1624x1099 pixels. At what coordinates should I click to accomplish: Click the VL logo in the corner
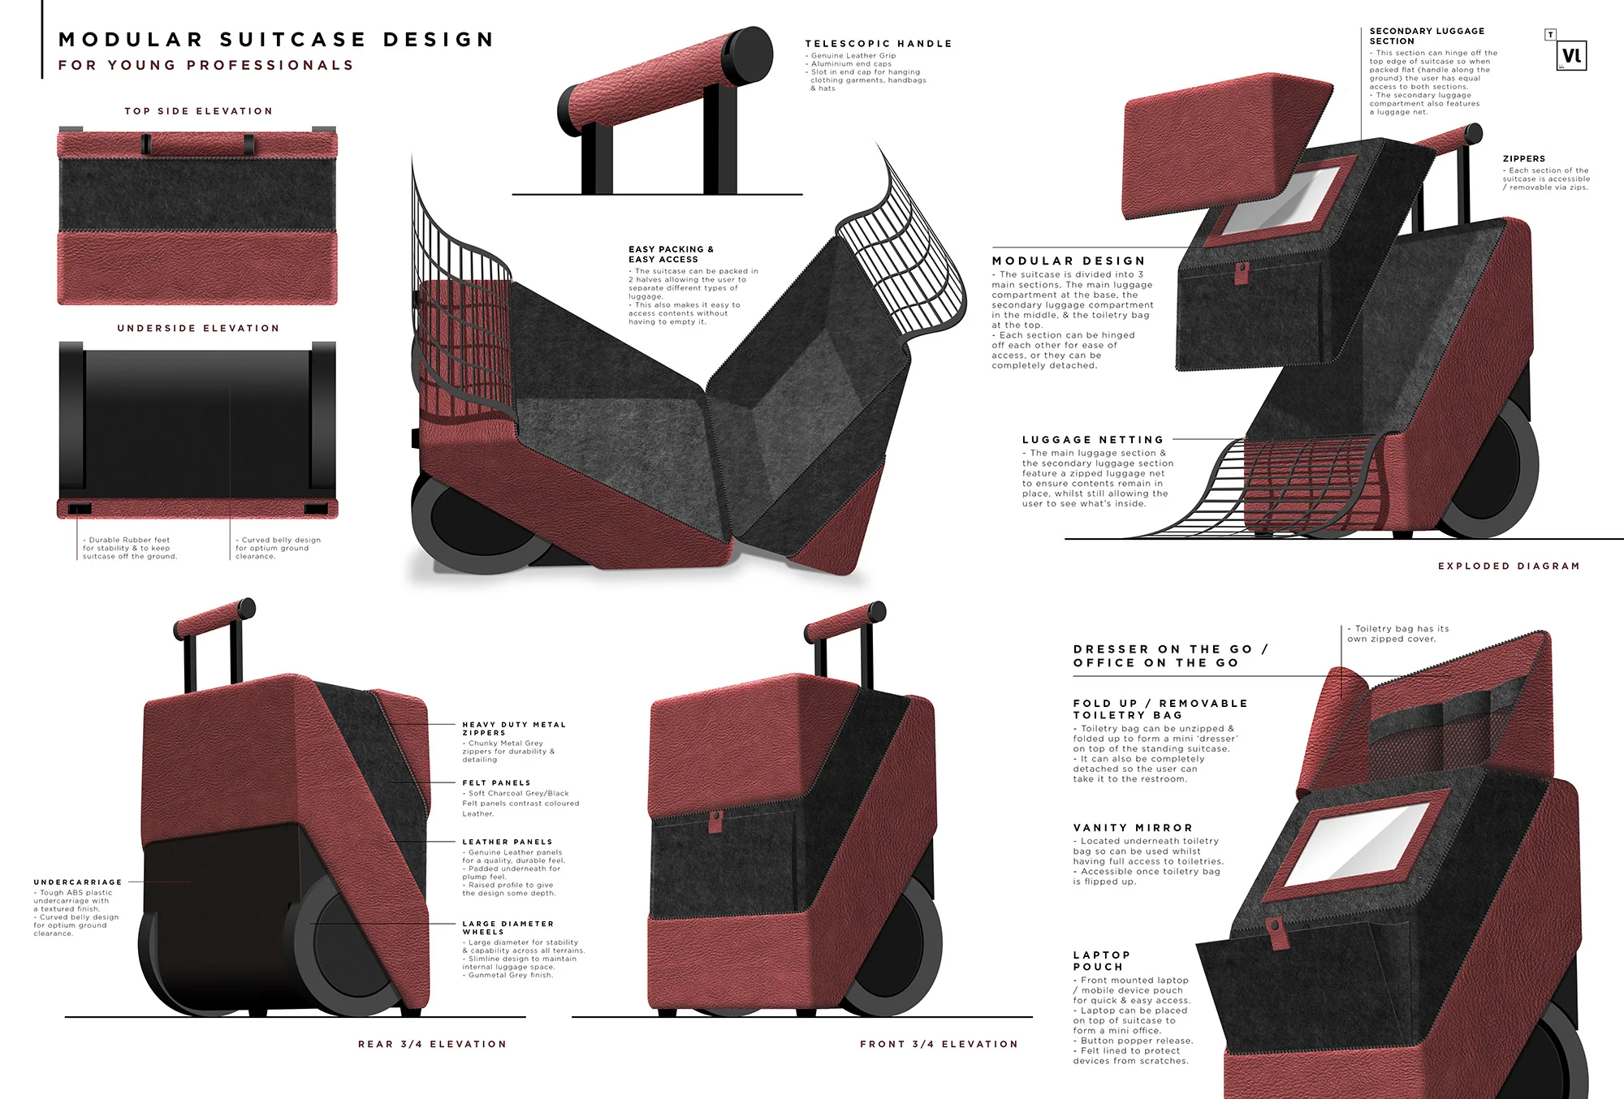(x=1572, y=56)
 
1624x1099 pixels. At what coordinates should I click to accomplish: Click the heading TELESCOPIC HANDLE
(x=878, y=44)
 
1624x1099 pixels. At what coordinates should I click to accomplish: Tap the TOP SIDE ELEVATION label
(x=198, y=111)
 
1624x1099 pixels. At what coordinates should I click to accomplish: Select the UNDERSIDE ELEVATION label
(x=198, y=329)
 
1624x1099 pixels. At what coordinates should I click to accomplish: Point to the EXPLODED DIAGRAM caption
(x=1509, y=567)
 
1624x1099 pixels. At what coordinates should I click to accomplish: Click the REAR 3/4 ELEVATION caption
(x=432, y=1045)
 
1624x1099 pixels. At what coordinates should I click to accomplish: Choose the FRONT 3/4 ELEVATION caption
(x=939, y=1045)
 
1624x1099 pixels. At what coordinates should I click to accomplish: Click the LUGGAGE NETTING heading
(x=1092, y=440)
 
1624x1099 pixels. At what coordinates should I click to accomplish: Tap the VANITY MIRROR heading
(x=1133, y=828)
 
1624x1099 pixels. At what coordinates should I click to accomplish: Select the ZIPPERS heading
(x=1523, y=159)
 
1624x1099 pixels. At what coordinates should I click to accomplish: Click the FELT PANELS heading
(x=496, y=783)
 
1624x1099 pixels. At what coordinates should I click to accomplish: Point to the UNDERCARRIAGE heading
(x=78, y=882)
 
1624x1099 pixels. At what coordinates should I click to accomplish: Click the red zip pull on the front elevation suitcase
(x=716, y=821)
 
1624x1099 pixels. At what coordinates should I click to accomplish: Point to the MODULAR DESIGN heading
(x=1068, y=261)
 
